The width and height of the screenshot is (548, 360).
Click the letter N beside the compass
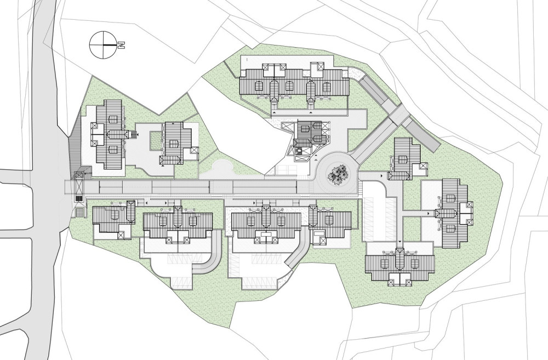tap(121, 45)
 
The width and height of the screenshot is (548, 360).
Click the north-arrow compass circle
tap(103, 44)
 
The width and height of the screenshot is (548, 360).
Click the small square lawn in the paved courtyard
tap(156, 141)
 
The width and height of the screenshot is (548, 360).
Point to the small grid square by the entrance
tap(80, 213)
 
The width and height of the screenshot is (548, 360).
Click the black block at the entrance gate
tap(79, 199)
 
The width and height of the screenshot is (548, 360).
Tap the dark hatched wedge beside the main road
tap(75, 147)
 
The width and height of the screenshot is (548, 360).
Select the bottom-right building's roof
tap(399, 264)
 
